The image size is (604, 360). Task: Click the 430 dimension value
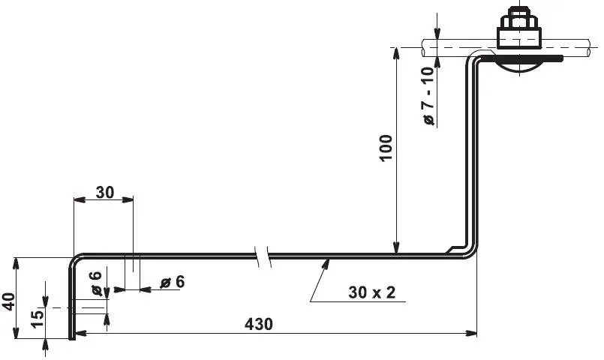(258, 324)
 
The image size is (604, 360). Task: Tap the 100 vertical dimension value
(386, 148)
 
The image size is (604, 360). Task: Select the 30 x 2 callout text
(371, 292)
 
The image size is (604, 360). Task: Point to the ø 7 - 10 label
(428, 96)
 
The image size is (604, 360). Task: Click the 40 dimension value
(8, 301)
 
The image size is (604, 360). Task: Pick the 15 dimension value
(37, 319)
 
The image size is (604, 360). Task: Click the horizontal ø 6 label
(173, 282)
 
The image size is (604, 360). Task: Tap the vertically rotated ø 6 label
(95, 283)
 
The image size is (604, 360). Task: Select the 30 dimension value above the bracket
(105, 192)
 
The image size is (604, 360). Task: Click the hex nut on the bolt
(519, 20)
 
